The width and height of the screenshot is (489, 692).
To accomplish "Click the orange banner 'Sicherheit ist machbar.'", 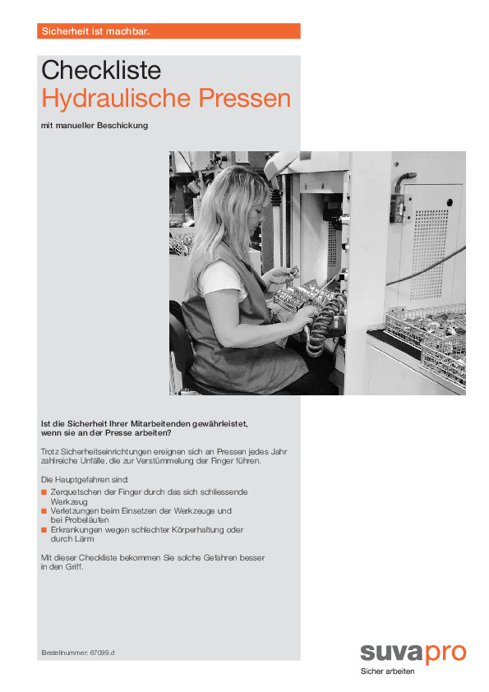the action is [x=168, y=31].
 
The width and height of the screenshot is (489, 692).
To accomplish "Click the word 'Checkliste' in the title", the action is [x=101, y=70].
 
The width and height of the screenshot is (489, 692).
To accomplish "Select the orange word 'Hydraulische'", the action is [x=117, y=99].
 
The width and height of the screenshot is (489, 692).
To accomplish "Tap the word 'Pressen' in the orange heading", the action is [x=245, y=98].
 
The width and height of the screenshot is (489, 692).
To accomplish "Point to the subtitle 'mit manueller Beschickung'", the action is [x=95, y=126].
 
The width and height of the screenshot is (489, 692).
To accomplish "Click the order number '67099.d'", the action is [x=103, y=653].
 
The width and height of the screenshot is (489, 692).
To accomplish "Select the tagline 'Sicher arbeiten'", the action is [x=387, y=671].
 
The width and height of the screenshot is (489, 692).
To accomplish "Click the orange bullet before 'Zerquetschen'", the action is [x=44, y=492].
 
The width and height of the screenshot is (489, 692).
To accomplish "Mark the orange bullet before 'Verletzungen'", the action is [x=44, y=511].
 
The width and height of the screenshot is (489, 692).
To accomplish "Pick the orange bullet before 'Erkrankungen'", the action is [x=44, y=529].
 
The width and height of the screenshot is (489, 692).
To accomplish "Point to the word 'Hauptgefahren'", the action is [x=86, y=480].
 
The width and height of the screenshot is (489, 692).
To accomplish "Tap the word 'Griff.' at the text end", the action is [x=74, y=567].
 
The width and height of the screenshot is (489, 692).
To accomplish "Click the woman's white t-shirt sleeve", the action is [x=223, y=279].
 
